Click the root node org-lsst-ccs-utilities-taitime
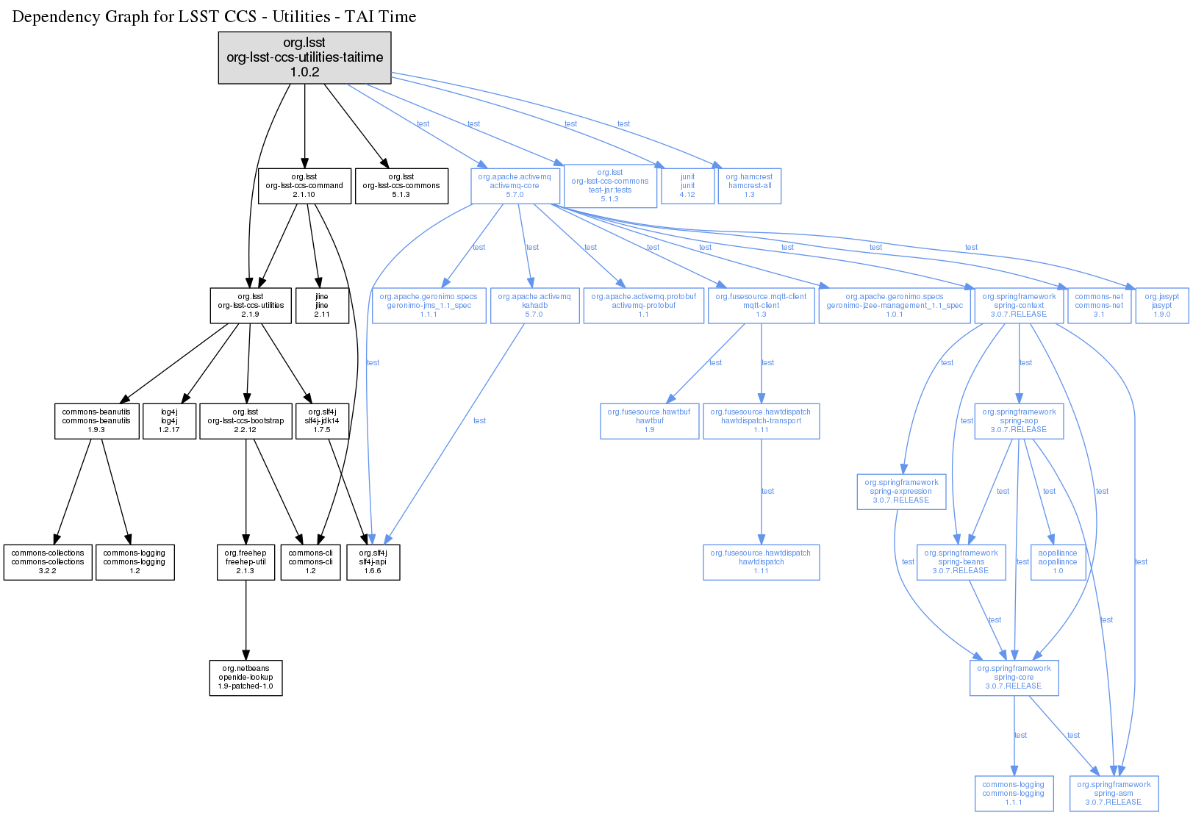(304, 57)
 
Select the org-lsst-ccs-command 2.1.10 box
(304, 186)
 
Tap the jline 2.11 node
(322, 306)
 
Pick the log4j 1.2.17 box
(169, 421)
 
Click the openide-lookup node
(246, 678)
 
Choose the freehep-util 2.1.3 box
(246, 562)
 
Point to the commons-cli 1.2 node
(310, 562)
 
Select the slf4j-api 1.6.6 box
(373, 562)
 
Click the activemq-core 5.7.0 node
(515, 186)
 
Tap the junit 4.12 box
(687, 186)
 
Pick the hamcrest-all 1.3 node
(749, 186)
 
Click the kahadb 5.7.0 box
(534, 306)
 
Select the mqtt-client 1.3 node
(761, 306)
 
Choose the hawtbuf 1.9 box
(649, 421)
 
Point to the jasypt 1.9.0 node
(1161, 306)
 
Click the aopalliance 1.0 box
(1058, 562)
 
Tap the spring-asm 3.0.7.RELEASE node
(1114, 794)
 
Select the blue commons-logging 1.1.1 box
(1013, 794)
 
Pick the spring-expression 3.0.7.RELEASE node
(900, 492)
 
